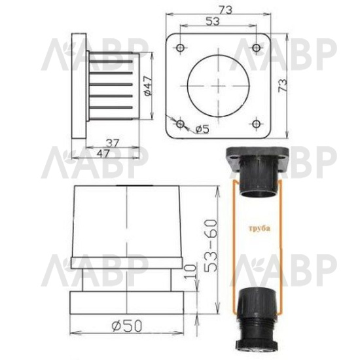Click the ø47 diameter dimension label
pos(149,86)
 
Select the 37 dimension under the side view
pos(113,143)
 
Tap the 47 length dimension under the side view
pos(103,154)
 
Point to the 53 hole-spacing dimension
pos(213,22)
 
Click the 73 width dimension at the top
pos(225,10)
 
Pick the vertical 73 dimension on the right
pos(283,85)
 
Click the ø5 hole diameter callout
pos(202,130)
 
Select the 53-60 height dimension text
pos(211,246)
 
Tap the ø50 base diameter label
pos(127,326)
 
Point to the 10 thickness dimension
pos(191,272)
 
